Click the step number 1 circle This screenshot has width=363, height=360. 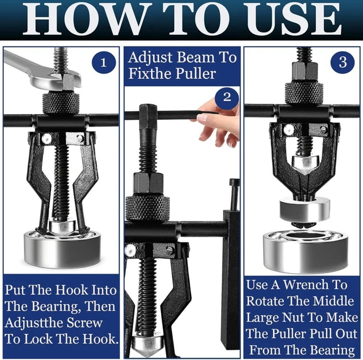click(103, 63)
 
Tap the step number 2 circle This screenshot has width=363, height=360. click(227, 97)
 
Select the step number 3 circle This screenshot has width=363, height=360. click(343, 62)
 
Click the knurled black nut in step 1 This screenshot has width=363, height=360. click(60, 103)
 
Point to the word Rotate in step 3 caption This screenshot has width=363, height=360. click(267, 301)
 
